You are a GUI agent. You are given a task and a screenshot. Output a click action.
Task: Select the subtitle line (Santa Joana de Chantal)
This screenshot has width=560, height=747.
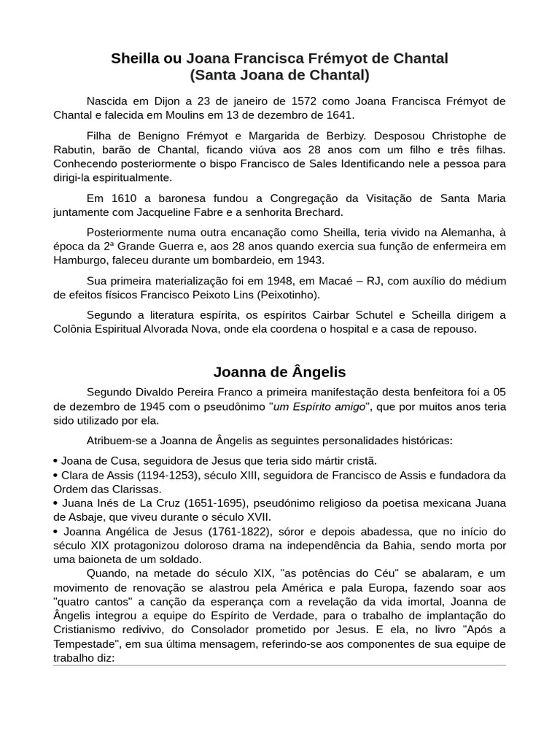[279, 75]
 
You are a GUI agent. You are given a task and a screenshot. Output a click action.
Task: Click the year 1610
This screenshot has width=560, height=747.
[125, 198]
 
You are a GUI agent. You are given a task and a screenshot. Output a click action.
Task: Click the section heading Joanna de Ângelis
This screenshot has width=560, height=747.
[279, 372]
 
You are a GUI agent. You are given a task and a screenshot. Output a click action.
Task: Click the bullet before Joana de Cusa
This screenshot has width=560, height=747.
[56, 462]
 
